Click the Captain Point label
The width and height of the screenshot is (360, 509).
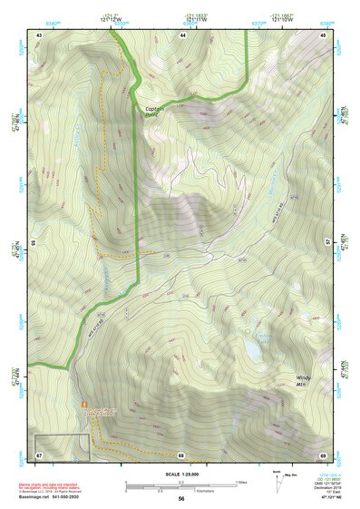[155, 112]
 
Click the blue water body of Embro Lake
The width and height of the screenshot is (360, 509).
[250, 347]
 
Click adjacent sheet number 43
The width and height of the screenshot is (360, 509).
[39, 34]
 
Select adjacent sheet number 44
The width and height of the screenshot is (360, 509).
[182, 34]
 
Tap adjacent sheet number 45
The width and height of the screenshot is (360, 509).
[324, 34]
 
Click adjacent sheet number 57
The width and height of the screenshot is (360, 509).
[328, 244]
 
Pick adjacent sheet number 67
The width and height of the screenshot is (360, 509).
[39, 454]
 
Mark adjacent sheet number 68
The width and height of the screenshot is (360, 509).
[181, 454]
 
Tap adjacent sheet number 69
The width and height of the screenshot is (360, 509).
[324, 454]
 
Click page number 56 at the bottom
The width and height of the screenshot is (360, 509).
[181, 499]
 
